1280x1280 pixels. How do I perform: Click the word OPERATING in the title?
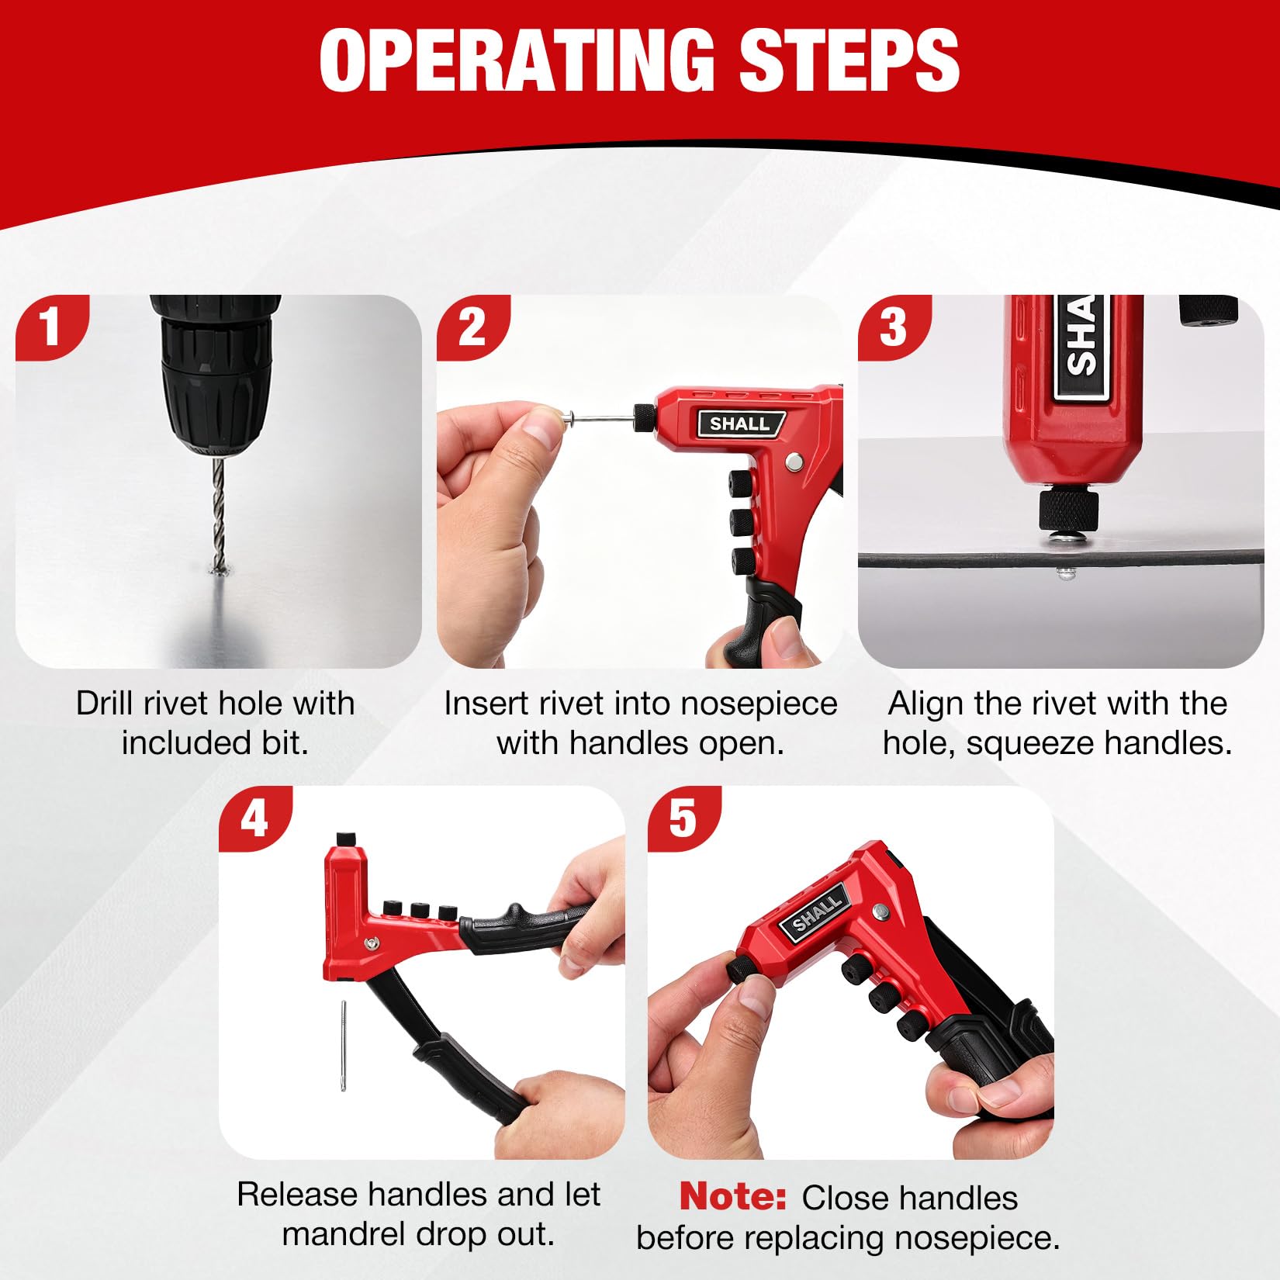pos(517,61)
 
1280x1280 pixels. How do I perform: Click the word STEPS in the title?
pos(849,61)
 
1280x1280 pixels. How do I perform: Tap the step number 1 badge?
pos(51,327)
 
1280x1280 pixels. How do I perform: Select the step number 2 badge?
pos(472,327)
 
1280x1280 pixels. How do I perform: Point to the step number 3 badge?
pos(894,327)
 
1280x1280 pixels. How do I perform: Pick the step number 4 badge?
pos(254,818)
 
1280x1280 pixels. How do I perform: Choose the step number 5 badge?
pos(683,818)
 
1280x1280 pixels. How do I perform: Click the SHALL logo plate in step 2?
pos(740,424)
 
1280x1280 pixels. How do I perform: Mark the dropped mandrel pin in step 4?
pos(343,1045)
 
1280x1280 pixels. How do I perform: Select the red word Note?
pos(733,1196)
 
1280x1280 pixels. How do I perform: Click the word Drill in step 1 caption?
pos(105,704)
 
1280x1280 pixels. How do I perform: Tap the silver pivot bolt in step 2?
pos(793,462)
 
